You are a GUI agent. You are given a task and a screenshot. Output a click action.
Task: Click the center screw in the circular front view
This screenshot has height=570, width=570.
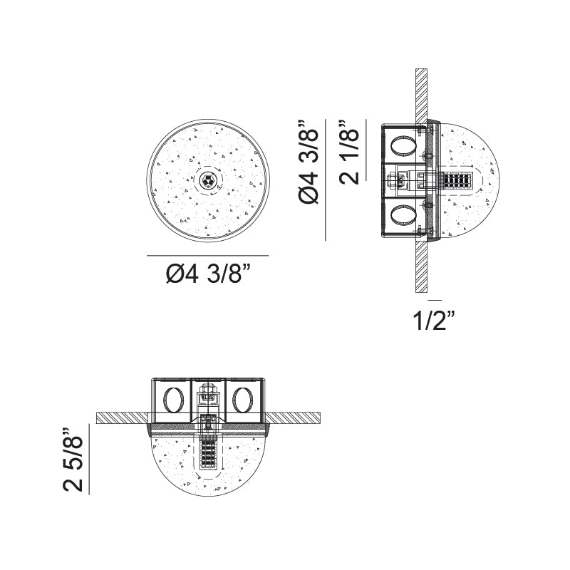pos(208,180)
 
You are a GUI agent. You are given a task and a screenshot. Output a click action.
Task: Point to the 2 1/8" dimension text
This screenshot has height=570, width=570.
pos(351,152)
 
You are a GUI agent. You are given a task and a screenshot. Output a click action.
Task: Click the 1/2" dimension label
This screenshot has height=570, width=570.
pos(434,321)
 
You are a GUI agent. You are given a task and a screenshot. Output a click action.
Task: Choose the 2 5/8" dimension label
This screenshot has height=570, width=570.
pos(73,460)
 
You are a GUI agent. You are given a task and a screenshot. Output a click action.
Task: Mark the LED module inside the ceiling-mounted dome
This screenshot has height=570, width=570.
pos(208,449)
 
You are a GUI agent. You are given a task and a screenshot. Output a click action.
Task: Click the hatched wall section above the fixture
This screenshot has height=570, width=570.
pos(421,93)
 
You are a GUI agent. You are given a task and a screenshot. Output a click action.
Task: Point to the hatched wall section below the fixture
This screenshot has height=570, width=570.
pos(421,267)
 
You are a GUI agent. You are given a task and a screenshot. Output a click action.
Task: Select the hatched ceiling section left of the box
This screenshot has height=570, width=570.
pos(121,416)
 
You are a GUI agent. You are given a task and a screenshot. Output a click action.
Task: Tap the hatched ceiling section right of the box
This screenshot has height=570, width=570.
pos(296,416)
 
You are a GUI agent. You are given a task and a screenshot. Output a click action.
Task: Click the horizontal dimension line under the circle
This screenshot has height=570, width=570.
pos(208,255)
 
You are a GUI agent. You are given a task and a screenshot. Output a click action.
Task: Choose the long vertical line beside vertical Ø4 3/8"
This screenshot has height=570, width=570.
pos(326,179)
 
